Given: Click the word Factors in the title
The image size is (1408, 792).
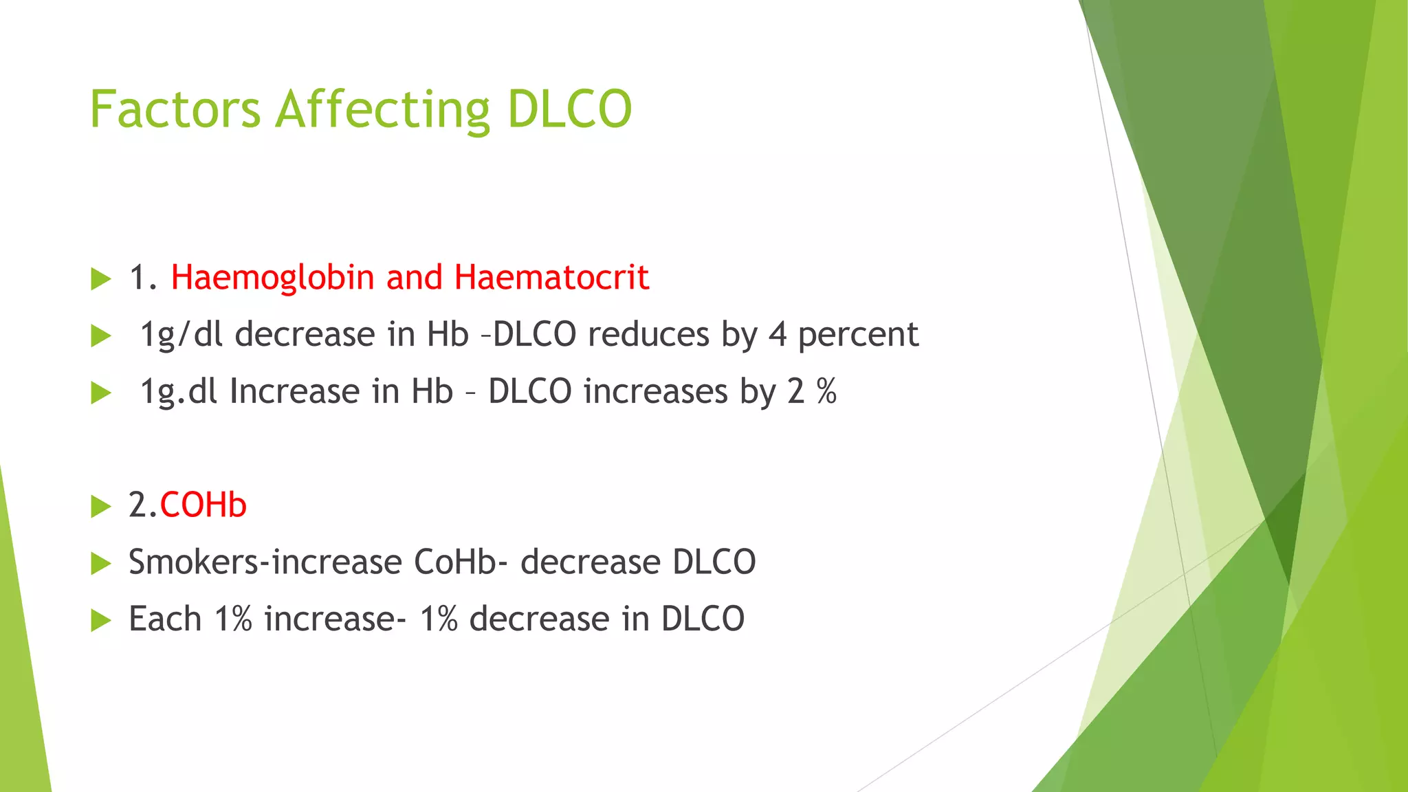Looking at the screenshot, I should click(x=175, y=110).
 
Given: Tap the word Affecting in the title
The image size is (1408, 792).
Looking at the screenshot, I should click(x=382, y=110).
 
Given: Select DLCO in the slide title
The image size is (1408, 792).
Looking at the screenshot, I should click(x=569, y=110).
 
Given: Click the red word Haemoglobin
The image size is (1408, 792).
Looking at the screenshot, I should click(x=272, y=278).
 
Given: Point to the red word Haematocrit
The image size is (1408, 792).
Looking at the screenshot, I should click(x=551, y=278).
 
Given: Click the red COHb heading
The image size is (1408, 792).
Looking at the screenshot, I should click(x=203, y=505).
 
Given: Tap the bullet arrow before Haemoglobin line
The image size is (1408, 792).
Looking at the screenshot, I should click(x=101, y=279).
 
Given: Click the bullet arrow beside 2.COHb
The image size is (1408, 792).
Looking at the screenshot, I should click(x=101, y=507).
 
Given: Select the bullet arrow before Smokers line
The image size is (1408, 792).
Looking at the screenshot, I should click(x=101, y=564).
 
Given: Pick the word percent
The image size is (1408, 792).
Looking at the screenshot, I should click(x=858, y=335).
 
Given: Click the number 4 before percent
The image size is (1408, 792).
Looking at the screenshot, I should click(x=777, y=335).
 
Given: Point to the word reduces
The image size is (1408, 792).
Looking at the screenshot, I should click(x=648, y=335).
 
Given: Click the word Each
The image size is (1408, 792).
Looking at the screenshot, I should click(x=164, y=619).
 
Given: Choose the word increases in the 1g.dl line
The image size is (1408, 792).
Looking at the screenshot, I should click(x=655, y=392).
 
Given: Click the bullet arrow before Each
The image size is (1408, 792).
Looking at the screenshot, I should click(x=101, y=621).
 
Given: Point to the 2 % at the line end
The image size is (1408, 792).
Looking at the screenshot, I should click(x=812, y=392).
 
